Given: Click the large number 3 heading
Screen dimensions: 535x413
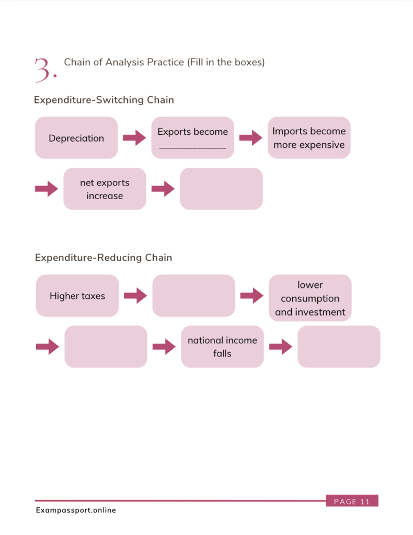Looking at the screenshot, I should pos(44,70).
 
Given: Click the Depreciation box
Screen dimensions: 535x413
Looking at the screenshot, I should pos(76,138).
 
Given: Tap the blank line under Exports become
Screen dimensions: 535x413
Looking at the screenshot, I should pos(192,148).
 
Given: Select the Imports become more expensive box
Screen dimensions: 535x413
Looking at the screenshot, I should pos(309,138).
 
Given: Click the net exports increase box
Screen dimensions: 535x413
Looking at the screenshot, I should pos(105,189).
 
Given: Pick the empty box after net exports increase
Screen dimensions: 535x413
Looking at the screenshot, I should pos(221,189).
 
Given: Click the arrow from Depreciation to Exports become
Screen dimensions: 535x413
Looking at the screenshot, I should pos(134,138).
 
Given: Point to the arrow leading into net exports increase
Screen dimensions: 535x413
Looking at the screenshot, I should pos(47,189).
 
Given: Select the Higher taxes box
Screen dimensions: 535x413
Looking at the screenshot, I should pos(77,296).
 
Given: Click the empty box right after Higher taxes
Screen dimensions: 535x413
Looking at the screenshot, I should pos(194,296).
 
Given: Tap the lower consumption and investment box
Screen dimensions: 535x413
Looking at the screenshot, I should pos(310,298).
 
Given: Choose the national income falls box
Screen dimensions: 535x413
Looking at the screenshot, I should pos(222,346).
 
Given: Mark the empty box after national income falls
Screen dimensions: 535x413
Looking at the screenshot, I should pos(339,346).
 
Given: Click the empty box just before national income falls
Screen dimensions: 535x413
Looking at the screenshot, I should pos(106,346).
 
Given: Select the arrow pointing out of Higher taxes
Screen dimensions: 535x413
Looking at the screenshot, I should pos(135,296).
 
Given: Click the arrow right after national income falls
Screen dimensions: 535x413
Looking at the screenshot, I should pos(280,346).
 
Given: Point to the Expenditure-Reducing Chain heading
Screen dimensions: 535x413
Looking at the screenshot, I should pos(104,258).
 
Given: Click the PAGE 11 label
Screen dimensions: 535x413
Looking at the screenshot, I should pos(351,502).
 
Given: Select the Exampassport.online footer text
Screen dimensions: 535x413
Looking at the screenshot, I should pos(76,510).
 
